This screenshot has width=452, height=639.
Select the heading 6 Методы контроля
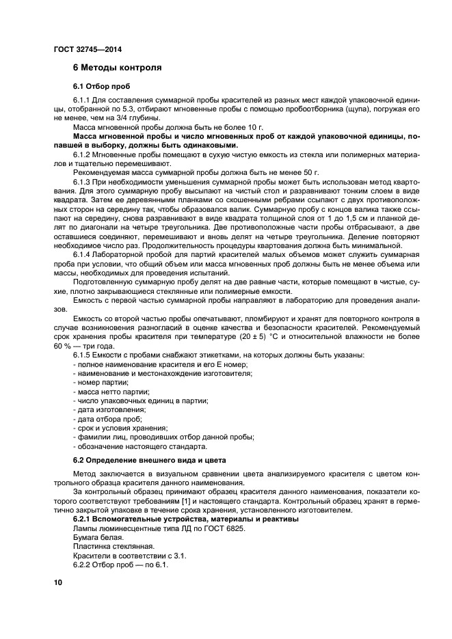point(117,68)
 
